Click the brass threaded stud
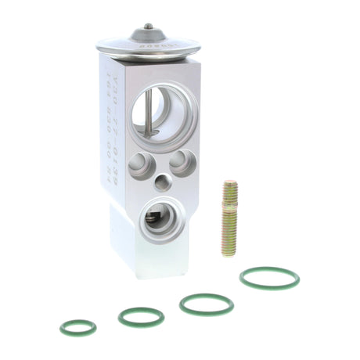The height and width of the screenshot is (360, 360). pos(230,219)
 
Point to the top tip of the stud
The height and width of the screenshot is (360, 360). pos(230,183)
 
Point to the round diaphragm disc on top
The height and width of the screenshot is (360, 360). pos(149,45)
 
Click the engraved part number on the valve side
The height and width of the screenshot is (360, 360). pos(110,117)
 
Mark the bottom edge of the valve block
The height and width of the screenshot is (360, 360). pos(149,275)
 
